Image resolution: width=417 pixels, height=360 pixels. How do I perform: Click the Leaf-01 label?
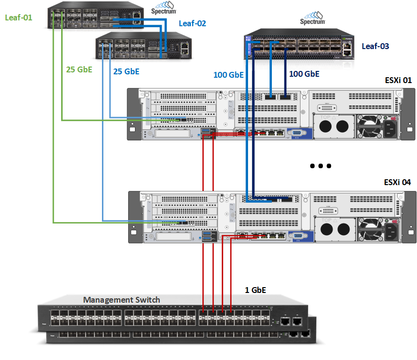(18, 17)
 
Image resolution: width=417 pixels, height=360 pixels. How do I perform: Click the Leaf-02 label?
(192, 23)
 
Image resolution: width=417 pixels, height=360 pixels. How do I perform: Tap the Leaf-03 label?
(375, 46)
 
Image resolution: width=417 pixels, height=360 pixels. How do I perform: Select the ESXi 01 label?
(398, 80)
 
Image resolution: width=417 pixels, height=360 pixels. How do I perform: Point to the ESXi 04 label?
(397, 182)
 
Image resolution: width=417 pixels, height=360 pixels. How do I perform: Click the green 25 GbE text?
(79, 69)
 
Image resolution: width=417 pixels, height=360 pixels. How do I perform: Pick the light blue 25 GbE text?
(126, 71)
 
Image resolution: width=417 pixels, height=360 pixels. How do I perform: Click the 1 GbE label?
(255, 290)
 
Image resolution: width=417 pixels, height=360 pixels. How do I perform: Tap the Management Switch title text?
(121, 300)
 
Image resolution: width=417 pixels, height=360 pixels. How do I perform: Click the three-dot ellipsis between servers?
(320, 166)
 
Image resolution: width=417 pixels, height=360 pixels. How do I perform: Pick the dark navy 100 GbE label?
(304, 74)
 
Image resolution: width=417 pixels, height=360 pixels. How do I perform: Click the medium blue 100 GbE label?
(229, 75)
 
